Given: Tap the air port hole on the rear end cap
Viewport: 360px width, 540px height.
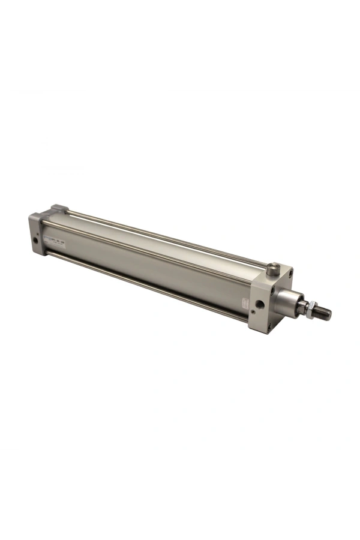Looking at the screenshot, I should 35,239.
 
